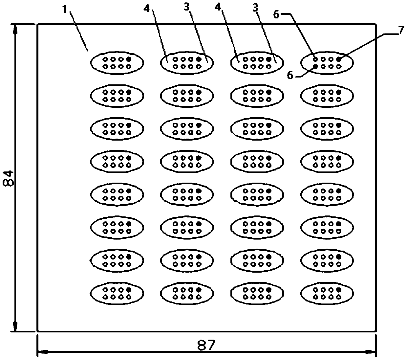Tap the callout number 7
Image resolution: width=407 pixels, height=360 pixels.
pyautogui.click(x=400, y=30)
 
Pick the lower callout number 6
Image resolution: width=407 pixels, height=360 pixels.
pyautogui.click(x=290, y=75)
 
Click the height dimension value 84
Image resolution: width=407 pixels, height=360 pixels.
pyautogui.click(x=9, y=178)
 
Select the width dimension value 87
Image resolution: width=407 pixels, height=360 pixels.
pyautogui.click(x=206, y=345)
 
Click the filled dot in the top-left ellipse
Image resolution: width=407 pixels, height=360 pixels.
pyautogui.click(x=129, y=59)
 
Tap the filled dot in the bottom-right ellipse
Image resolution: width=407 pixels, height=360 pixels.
pyautogui.click(x=339, y=290)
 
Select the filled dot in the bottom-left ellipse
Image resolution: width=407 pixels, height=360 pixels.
pyautogui.click(x=129, y=290)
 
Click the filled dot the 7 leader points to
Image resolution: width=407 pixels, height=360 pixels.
pyautogui.click(x=339, y=59)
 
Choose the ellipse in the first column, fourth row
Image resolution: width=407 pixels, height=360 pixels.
pyautogui.click(x=117, y=161)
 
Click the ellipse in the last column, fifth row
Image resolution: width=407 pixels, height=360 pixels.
pyautogui.click(x=327, y=194)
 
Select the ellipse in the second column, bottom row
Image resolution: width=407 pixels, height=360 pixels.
pyautogui.click(x=187, y=293)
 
